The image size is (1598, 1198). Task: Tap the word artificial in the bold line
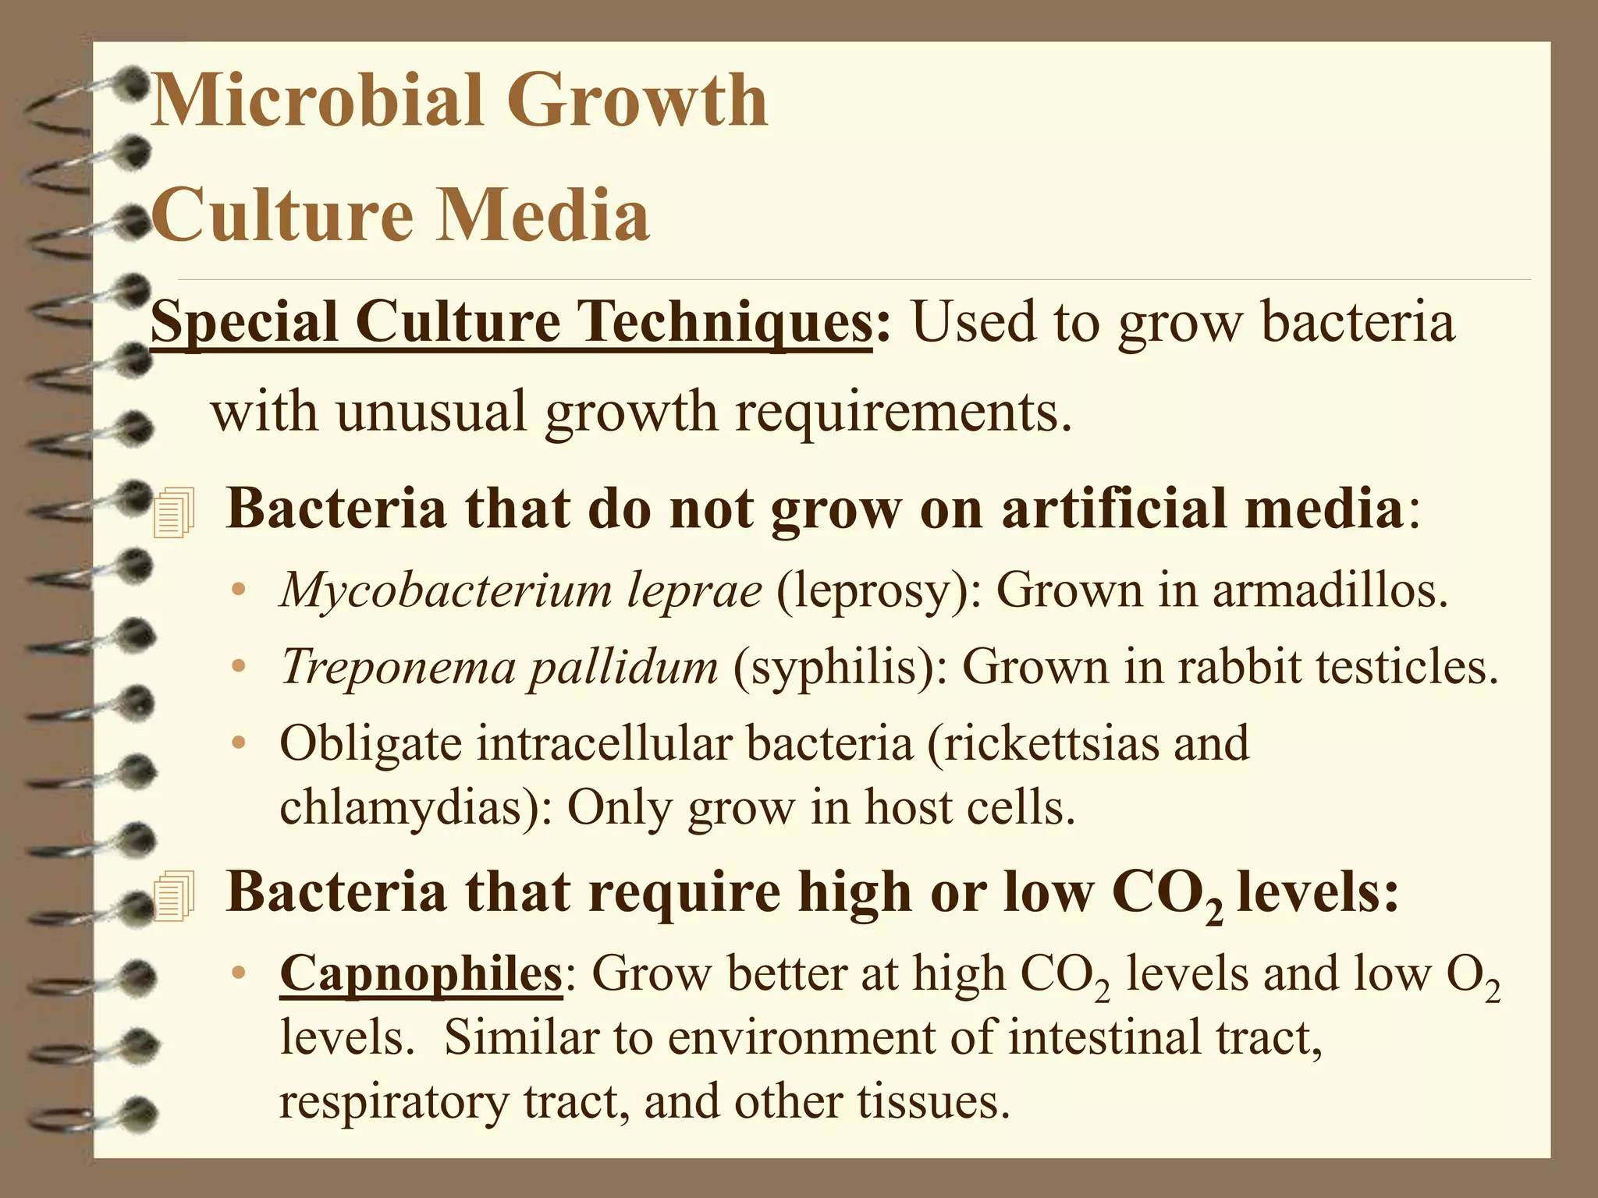point(1109,509)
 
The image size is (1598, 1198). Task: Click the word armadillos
point(1330,590)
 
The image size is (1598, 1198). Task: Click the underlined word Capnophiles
point(421,974)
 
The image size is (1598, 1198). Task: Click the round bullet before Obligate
point(240,743)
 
